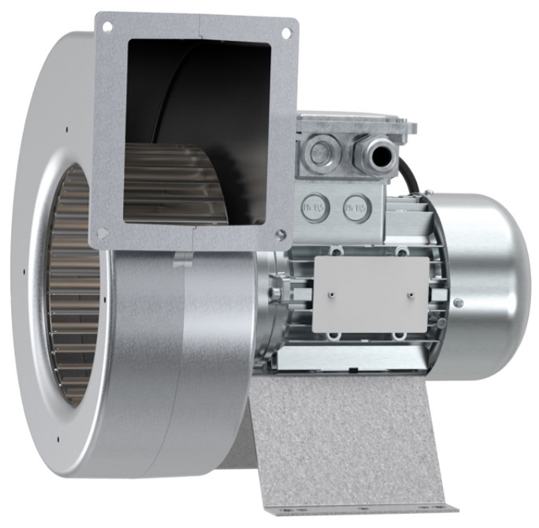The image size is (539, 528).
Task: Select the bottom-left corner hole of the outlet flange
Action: (102, 233)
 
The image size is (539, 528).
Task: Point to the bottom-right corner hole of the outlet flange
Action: (280, 233)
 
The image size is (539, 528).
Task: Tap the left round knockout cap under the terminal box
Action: (311, 208)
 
